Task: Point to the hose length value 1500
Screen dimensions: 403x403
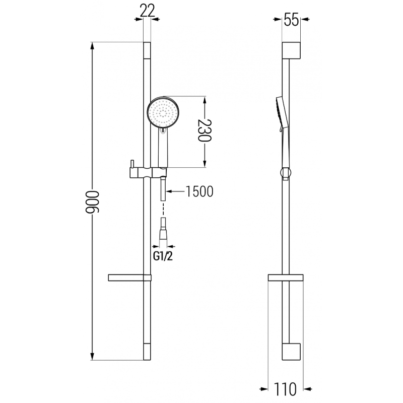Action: (200, 191)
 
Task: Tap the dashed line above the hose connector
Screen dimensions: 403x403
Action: (163, 208)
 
